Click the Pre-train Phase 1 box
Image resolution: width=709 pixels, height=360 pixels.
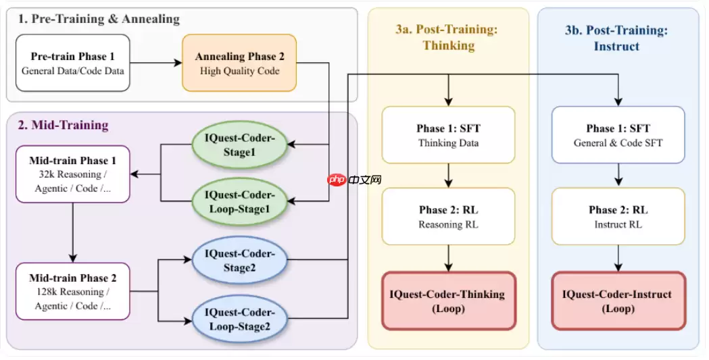72,63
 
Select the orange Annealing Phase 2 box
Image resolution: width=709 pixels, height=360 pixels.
239,63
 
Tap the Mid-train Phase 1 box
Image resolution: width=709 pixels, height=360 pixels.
72,174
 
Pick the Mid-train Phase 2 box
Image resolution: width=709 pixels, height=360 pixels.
72,291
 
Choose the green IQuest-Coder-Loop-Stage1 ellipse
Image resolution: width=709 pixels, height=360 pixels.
239,201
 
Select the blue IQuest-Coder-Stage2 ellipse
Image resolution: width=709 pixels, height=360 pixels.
239,261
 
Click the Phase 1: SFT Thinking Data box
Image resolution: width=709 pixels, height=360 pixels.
448,135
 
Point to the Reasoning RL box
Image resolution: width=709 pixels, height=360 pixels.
448,216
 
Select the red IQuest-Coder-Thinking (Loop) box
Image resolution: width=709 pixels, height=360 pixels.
448,301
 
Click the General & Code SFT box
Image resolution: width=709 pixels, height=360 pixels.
618,135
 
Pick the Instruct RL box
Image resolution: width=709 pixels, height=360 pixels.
618,216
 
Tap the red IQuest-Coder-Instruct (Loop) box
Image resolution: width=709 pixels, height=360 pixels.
618,301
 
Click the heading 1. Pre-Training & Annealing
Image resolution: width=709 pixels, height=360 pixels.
99,19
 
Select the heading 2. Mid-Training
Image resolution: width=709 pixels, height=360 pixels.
64,125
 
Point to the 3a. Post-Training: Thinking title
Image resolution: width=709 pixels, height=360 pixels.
448,37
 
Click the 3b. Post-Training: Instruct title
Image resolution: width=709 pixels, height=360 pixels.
618,37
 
